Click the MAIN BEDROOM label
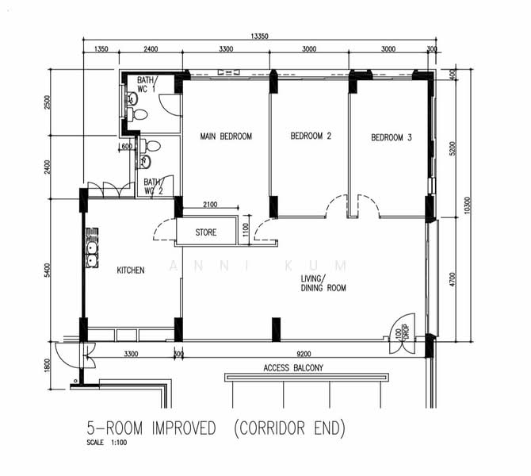[x=226, y=136]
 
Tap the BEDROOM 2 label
[x=311, y=136]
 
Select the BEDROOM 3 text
[x=392, y=138]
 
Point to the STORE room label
[x=205, y=233]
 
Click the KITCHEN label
[x=131, y=271]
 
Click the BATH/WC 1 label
[x=147, y=85]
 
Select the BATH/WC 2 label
[x=153, y=186]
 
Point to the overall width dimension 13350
[x=258, y=36]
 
